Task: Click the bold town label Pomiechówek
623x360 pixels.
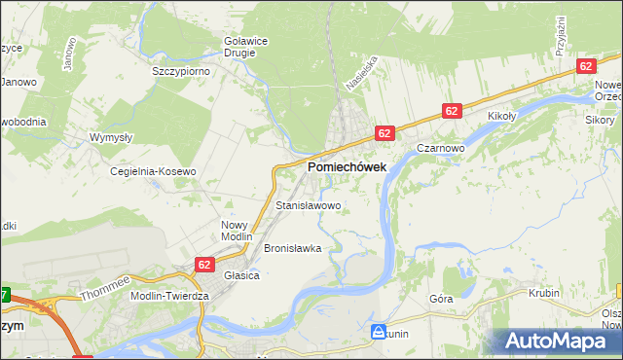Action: (347, 167)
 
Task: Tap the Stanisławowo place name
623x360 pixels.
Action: (309, 206)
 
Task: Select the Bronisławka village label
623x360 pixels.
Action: (292, 248)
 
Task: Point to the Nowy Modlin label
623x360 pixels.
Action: (236, 231)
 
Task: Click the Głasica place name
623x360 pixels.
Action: (241, 275)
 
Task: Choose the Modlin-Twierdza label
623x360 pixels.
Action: (165, 295)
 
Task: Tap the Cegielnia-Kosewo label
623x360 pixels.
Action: (154, 171)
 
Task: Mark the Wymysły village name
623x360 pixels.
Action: (111, 137)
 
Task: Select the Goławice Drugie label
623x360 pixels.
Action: (239, 46)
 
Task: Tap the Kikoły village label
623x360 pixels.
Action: (501, 116)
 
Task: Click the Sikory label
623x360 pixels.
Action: (599, 120)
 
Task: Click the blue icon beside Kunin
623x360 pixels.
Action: (378, 332)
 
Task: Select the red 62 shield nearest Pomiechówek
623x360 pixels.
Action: (385, 132)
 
